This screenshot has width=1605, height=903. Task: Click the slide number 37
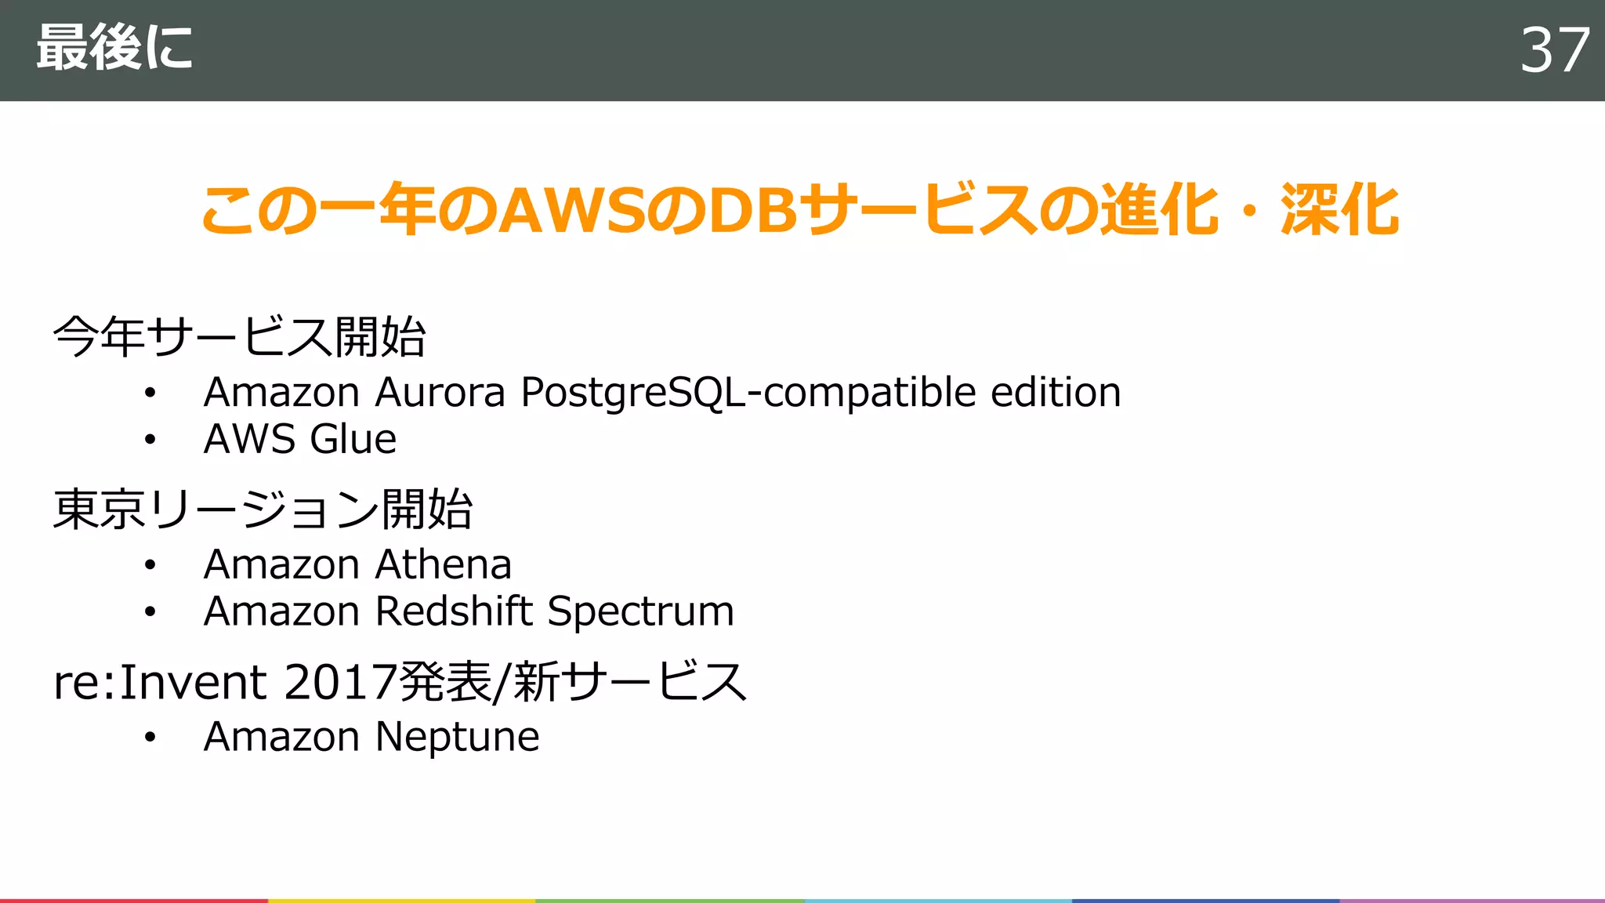tap(1554, 50)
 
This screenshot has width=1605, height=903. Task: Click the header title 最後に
tap(114, 49)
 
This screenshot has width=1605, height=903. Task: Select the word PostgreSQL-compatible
tap(748, 393)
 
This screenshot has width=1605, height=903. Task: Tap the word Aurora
tap(440, 393)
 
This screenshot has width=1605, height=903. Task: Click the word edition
tap(1056, 393)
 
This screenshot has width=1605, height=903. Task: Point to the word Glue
tap(353, 439)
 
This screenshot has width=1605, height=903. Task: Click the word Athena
tap(444, 564)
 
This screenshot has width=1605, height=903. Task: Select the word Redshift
tap(455, 611)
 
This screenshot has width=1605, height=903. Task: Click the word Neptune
tap(458, 738)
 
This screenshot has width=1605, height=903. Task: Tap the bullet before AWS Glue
tap(150, 440)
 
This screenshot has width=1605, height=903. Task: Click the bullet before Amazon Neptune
tap(150, 738)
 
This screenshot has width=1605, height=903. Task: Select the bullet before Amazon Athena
tap(150, 565)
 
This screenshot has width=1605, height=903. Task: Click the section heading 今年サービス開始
tap(239, 337)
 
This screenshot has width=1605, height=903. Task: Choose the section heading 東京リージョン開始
tap(263, 510)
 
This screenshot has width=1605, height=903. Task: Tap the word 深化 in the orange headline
tap(1339, 211)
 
